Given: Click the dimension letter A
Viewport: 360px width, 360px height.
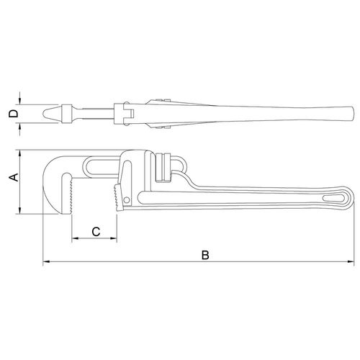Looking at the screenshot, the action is [14, 177].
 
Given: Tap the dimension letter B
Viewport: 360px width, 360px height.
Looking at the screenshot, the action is [205, 255].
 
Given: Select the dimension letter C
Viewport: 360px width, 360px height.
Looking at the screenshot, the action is [96, 232].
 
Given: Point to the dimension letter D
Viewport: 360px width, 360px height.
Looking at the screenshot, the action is [13, 114].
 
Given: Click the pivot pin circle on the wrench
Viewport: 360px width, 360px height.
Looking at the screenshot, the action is [127, 199].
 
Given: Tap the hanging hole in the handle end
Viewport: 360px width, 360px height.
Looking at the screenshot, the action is [334, 198].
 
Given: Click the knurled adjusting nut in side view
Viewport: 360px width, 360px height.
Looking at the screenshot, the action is [163, 168].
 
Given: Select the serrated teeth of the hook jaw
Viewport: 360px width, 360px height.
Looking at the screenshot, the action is [71, 195].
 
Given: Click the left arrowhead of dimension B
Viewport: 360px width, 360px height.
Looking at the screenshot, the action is [46, 261].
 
